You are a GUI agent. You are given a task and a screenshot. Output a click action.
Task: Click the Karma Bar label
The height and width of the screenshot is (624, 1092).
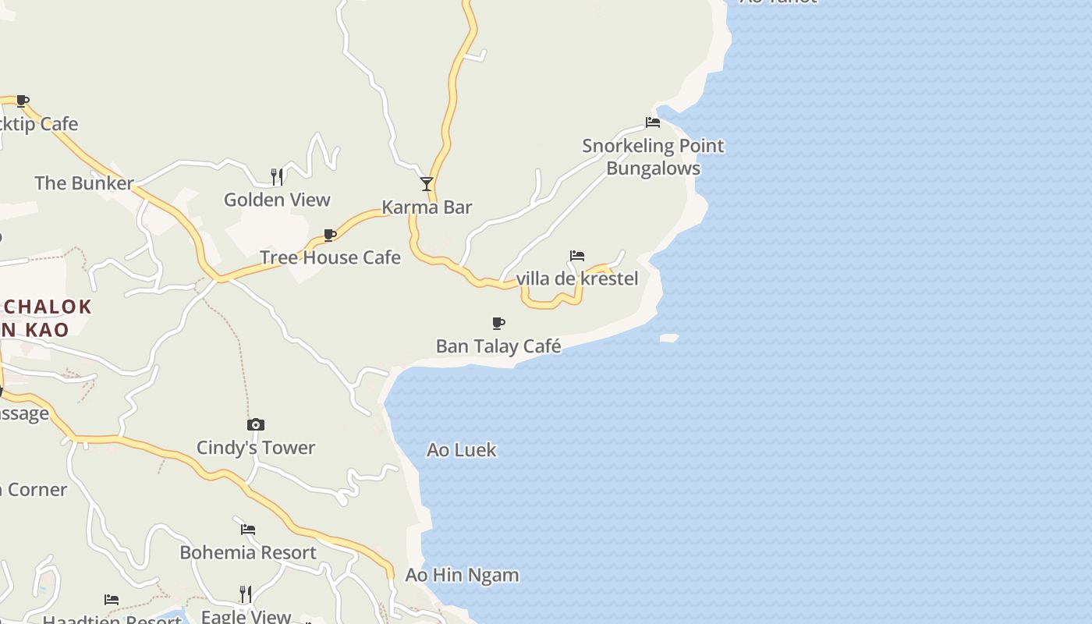tap(427, 207)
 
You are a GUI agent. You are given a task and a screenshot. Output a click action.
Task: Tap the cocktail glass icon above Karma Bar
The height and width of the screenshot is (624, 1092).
tap(427, 184)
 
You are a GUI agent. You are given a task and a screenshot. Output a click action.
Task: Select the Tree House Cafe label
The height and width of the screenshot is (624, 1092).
tap(330, 257)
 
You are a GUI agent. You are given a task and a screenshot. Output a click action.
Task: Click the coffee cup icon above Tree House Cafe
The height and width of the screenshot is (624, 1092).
tap(330, 235)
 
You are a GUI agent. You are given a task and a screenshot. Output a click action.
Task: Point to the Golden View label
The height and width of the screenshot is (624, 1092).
tap(277, 200)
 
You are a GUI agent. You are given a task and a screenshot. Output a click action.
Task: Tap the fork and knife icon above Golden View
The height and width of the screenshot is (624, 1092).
tap(277, 177)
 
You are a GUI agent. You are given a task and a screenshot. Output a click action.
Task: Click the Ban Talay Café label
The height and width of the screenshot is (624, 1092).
tap(498, 346)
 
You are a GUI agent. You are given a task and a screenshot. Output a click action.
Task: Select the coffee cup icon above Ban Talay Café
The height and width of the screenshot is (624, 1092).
tap(498, 323)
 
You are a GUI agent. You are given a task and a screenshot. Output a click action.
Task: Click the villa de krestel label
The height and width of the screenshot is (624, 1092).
tap(577, 278)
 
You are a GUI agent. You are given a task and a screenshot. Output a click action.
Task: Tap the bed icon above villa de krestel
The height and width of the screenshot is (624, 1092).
tap(577, 256)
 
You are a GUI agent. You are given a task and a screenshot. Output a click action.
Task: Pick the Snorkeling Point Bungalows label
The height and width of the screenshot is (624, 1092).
tap(654, 157)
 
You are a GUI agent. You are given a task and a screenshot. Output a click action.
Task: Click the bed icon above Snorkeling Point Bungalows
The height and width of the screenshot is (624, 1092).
tap(653, 122)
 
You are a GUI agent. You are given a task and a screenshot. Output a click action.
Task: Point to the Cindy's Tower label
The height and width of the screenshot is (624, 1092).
tap(256, 448)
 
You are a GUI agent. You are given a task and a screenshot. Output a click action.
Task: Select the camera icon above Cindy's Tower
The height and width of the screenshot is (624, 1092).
tap(256, 425)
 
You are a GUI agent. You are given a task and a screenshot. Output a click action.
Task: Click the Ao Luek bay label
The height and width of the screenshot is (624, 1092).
tap(462, 450)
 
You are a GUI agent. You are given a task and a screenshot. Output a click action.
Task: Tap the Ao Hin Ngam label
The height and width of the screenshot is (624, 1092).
tap(462, 576)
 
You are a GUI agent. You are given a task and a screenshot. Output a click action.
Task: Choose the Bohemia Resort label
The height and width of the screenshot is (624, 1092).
tap(248, 552)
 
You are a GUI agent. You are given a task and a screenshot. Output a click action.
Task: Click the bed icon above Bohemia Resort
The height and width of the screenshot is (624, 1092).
tap(248, 530)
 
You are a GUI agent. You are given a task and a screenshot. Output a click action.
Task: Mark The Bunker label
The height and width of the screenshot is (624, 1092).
tap(84, 183)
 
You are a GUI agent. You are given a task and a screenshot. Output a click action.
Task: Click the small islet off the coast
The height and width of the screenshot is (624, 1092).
tap(669, 338)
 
